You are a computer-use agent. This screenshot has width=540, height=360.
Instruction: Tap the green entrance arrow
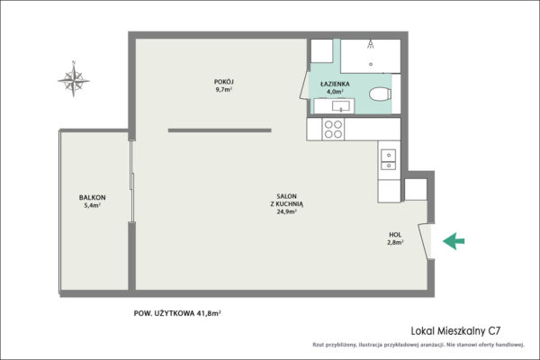click(x=454, y=241)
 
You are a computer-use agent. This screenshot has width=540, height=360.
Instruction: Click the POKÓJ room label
click(x=224, y=82)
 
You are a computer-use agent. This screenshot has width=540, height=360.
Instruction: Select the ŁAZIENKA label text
click(x=335, y=84)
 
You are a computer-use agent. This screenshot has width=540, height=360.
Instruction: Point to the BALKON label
click(x=93, y=197)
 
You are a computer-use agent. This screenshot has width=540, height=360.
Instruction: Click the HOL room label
click(x=395, y=235)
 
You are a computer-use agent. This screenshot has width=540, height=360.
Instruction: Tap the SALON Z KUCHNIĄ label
click(x=287, y=200)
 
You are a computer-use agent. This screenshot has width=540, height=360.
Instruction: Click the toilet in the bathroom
click(x=380, y=94)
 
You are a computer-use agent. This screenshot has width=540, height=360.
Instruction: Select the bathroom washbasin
click(x=341, y=106)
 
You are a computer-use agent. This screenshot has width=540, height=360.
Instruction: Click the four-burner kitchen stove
click(x=333, y=129)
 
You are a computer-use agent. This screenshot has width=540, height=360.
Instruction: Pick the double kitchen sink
click(x=389, y=160)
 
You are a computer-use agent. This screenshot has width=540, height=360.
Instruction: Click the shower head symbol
click(x=371, y=44)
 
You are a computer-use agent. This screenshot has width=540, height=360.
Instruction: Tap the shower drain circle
click(x=371, y=64)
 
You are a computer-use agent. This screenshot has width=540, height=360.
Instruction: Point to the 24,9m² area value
click(x=287, y=211)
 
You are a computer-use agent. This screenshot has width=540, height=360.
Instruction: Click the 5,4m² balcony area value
click(x=93, y=206)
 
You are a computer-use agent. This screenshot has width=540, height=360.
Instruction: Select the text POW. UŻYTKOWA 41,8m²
click(x=177, y=313)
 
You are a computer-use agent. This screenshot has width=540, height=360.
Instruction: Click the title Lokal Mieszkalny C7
click(x=455, y=331)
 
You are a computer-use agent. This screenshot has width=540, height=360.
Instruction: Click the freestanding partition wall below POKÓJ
click(x=220, y=130)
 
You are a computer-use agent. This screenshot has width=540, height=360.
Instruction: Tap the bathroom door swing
click(x=305, y=85)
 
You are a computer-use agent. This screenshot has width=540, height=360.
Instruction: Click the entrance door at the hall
click(x=424, y=241)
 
